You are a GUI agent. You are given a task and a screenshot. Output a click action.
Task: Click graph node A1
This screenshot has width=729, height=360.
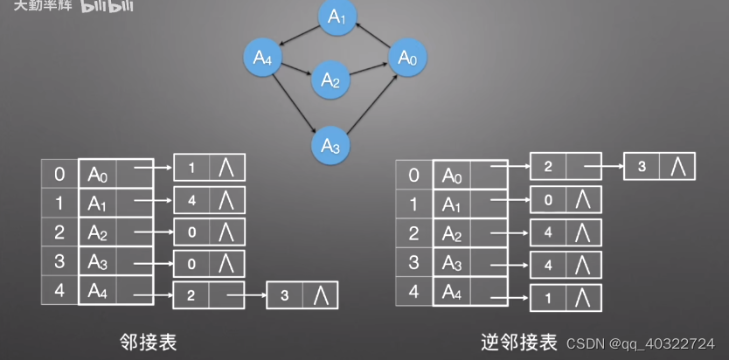click(x=337, y=17)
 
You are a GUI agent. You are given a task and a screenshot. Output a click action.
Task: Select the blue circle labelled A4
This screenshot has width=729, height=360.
click(x=263, y=58)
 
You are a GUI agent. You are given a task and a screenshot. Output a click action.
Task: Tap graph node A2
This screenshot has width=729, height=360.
click(x=330, y=80)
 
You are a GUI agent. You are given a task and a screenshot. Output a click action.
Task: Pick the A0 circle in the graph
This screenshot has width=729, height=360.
click(x=407, y=58)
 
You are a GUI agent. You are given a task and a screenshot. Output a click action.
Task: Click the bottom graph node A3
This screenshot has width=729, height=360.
click(x=330, y=144)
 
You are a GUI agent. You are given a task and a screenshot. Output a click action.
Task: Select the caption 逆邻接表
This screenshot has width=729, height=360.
click(x=518, y=342)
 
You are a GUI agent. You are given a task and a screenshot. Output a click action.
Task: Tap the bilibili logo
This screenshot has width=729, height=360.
click(x=108, y=7)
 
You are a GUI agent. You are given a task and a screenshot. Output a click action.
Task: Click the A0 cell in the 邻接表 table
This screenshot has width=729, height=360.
click(x=97, y=174)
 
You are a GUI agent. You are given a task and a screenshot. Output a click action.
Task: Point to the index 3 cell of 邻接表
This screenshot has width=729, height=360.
click(x=59, y=260)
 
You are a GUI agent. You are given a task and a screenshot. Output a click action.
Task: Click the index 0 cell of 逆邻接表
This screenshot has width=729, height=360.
click(x=413, y=174)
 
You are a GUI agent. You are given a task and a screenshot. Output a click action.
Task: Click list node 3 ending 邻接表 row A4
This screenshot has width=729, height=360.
click(x=285, y=295)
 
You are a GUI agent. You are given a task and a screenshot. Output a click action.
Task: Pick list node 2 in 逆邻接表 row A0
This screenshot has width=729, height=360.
click(x=548, y=166)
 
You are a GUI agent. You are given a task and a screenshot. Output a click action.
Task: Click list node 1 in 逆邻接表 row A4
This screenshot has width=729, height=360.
click(x=548, y=298)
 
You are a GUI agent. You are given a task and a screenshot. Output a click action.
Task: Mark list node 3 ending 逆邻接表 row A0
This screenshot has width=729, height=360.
click(x=642, y=166)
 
